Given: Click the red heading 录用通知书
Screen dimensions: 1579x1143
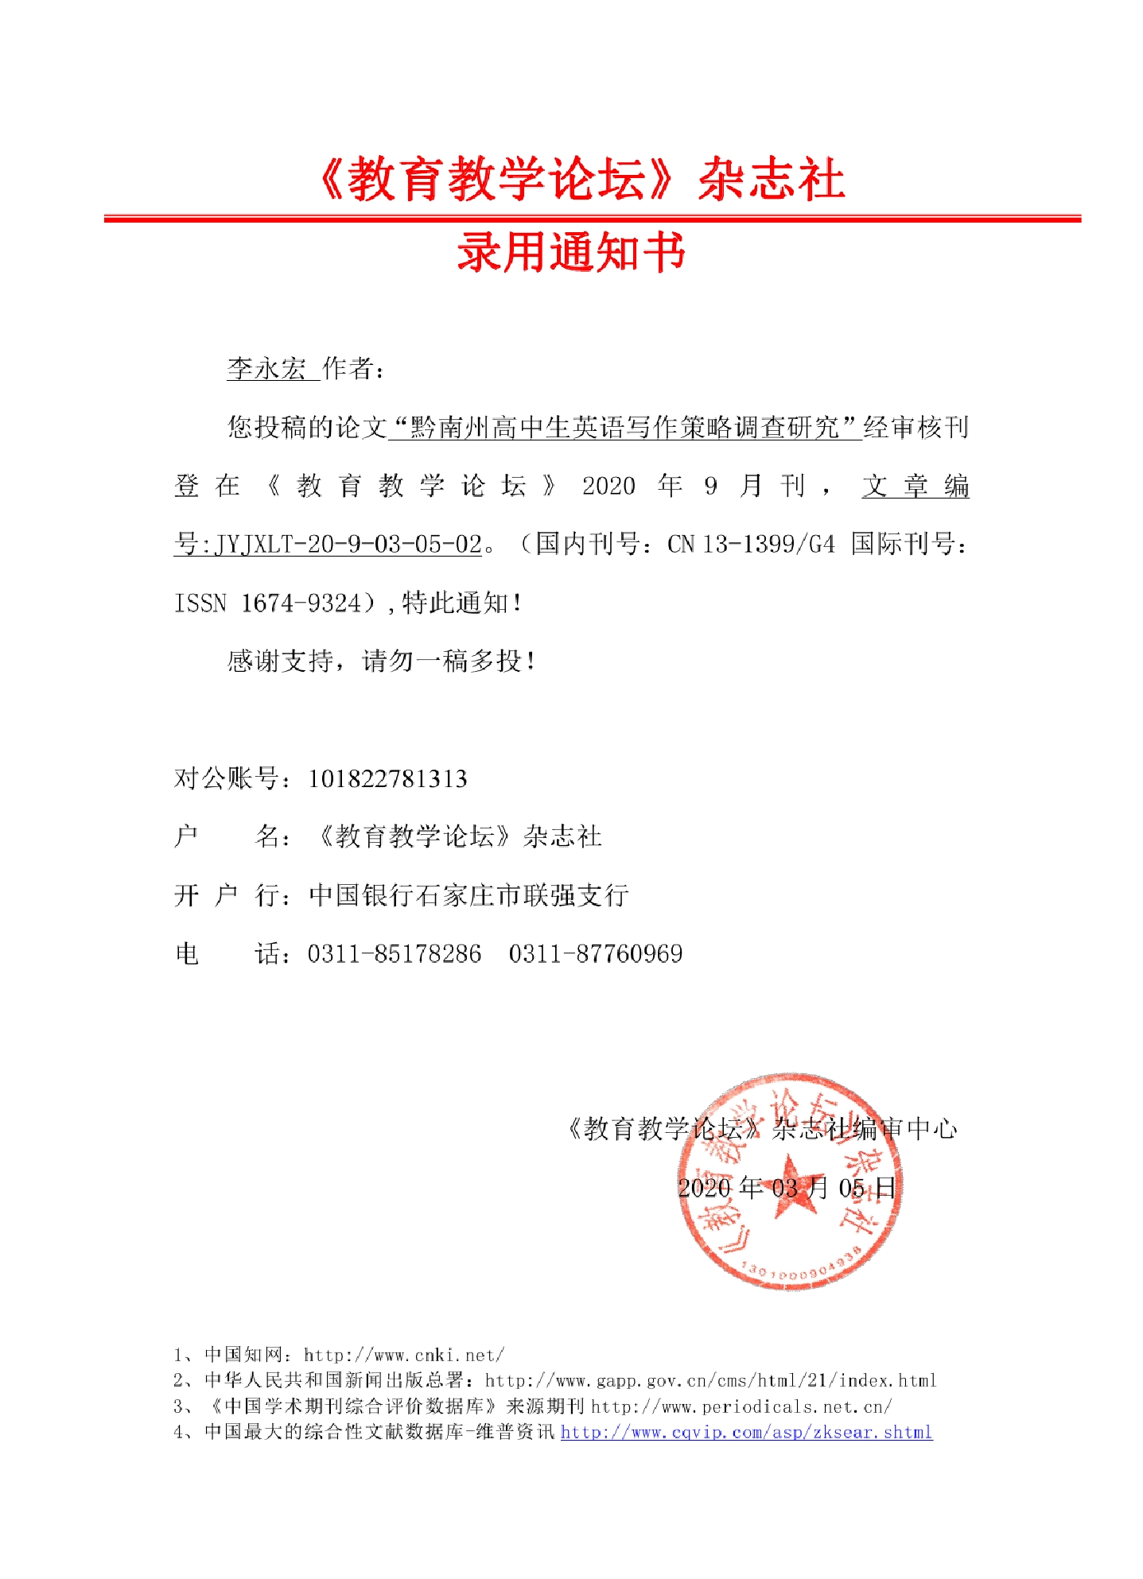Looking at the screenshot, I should [x=571, y=254].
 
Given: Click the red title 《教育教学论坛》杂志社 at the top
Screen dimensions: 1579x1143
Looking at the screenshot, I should [x=581, y=179].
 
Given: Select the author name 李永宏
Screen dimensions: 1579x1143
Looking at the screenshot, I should [x=266, y=369].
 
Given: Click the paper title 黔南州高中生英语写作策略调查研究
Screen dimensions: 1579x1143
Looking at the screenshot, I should [x=625, y=428].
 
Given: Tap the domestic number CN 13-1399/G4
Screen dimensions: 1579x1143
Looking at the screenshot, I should [x=751, y=545].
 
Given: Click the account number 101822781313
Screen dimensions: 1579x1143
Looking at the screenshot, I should [x=387, y=778].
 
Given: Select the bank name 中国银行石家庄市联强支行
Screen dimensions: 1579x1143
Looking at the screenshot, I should [x=468, y=895].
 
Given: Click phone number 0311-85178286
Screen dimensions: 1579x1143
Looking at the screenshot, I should [x=395, y=953].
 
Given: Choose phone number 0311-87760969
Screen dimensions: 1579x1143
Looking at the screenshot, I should [x=596, y=953].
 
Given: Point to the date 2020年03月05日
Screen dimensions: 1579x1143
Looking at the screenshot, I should [x=787, y=1188].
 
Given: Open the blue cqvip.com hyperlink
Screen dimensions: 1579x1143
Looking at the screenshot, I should [x=746, y=1432].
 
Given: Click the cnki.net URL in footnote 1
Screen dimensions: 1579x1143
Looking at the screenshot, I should [x=404, y=1355].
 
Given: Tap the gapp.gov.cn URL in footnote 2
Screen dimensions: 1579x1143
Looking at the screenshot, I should [x=710, y=1380].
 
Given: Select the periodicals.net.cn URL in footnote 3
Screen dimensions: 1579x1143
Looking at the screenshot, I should [x=741, y=1406].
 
